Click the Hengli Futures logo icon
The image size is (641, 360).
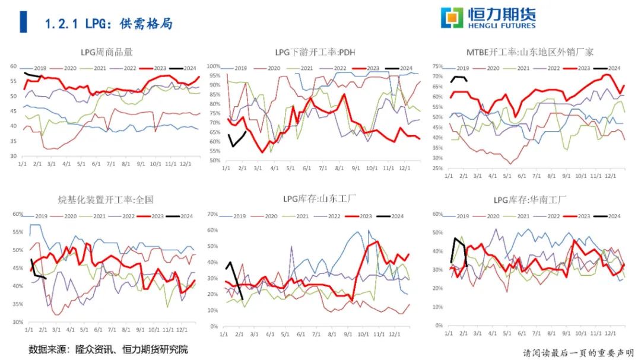pyautogui.click(x=452, y=18)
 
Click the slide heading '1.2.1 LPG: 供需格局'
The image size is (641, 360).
pyautogui.click(x=109, y=24)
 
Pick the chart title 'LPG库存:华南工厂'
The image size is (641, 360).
pyautogui.click(x=530, y=199)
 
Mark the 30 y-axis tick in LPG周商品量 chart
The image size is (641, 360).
pyautogui.click(x=12, y=156)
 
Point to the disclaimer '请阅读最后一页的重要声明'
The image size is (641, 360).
pyautogui.click(x=577, y=352)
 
